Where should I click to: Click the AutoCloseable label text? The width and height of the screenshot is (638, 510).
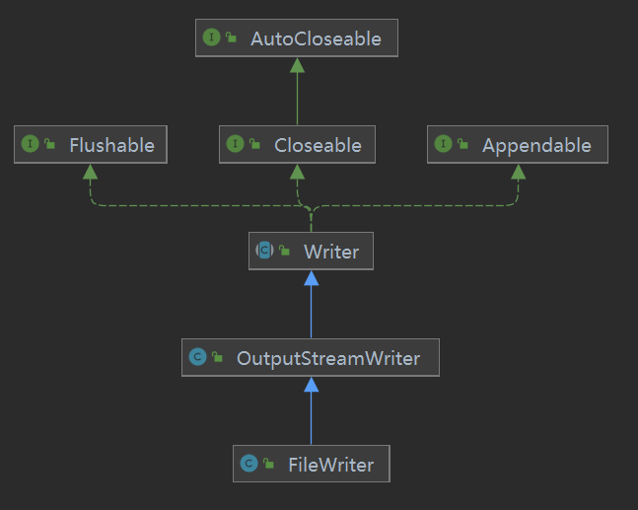(x=316, y=39)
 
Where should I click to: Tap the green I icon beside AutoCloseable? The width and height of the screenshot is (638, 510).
(x=211, y=37)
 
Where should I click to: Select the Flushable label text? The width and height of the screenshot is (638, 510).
(x=111, y=145)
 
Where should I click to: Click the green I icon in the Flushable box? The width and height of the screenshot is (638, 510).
(x=30, y=144)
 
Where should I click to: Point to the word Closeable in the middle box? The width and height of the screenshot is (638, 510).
(x=318, y=145)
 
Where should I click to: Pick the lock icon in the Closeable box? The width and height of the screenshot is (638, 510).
(x=254, y=144)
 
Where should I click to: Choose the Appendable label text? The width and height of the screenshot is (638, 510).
(x=536, y=146)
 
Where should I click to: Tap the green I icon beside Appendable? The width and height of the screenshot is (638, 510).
(x=443, y=144)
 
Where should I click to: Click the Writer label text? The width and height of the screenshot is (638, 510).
(x=331, y=252)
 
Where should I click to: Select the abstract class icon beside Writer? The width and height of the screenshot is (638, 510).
(x=264, y=250)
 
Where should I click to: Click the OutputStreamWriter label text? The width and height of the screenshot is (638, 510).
(x=328, y=359)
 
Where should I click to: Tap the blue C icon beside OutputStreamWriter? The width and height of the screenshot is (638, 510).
(x=198, y=357)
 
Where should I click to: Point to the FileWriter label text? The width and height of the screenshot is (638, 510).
(x=331, y=465)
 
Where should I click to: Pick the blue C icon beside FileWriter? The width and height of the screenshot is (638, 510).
(x=249, y=464)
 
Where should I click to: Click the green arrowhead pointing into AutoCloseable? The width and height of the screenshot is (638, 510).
(x=298, y=65)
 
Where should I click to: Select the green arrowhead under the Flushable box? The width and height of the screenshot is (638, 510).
(x=91, y=172)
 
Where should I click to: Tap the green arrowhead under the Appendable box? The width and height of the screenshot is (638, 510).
(x=519, y=172)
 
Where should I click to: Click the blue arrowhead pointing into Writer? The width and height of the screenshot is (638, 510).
(x=312, y=278)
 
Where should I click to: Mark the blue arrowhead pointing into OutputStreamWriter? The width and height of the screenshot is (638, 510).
(x=312, y=385)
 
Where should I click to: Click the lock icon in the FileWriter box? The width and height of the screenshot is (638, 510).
(x=269, y=464)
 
